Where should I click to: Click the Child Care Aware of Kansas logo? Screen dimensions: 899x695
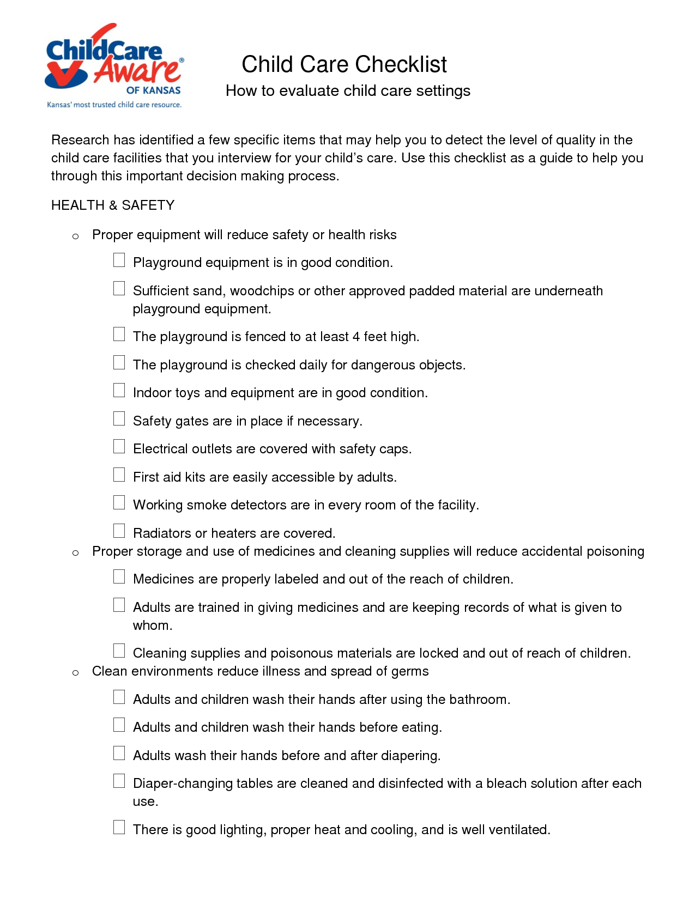pos(114,60)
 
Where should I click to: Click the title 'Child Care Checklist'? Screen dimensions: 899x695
pos(344,64)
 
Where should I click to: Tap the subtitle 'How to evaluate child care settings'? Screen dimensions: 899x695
pos(348,91)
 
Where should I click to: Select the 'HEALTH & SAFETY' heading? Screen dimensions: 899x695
pos(113,205)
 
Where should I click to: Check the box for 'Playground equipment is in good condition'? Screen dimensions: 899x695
pos(119,260)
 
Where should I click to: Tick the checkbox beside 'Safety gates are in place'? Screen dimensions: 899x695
pos(119,418)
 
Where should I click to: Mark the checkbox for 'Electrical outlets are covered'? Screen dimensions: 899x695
pos(119,447)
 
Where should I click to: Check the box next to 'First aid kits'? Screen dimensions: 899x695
pos(119,475)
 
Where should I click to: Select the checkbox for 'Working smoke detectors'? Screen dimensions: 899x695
pos(119,503)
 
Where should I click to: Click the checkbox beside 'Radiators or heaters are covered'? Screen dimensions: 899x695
pos(119,531)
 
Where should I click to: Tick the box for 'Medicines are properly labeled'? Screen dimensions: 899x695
pos(119,576)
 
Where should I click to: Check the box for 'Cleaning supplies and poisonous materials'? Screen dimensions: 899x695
pos(119,651)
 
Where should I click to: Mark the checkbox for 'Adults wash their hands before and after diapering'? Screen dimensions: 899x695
pos(119,753)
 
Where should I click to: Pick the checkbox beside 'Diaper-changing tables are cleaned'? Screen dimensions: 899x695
pos(119,781)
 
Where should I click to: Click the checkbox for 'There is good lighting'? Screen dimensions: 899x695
pos(119,827)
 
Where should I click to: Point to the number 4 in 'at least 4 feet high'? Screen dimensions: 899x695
pos(356,337)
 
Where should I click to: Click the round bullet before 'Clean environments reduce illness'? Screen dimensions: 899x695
pos(76,672)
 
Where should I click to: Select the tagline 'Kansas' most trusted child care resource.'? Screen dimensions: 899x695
pos(114,105)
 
